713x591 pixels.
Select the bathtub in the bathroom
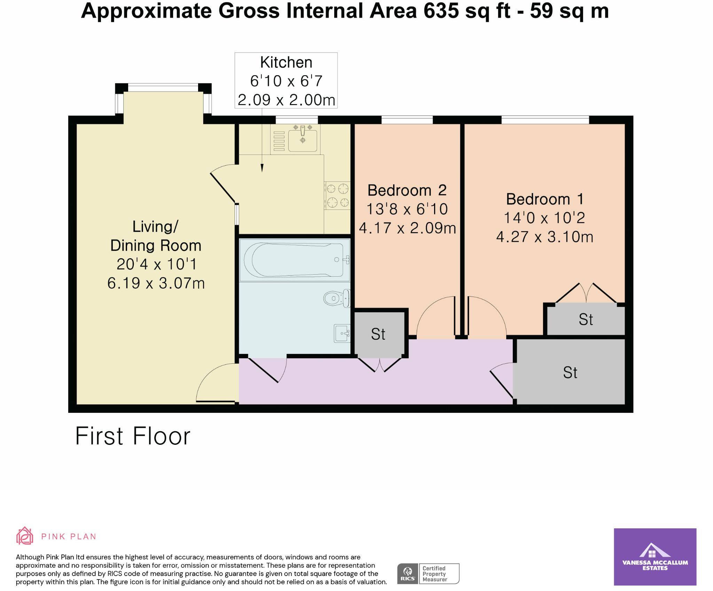(x=295, y=260)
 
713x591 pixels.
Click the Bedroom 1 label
(x=544, y=199)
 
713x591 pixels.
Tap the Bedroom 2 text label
(x=407, y=190)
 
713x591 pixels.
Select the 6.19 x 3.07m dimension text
(x=156, y=283)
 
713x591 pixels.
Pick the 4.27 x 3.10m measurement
(x=544, y=237)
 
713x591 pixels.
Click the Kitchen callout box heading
(x=286, y=63)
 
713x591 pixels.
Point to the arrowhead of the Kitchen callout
(x=262, y=168)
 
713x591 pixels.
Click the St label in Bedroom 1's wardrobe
(x=586, y=320)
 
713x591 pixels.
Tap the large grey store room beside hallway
(x=570, y=372)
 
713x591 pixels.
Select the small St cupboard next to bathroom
(x=378, y=334)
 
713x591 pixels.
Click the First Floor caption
(x=133, y=436)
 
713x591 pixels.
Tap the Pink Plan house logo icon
(x=25, y=536)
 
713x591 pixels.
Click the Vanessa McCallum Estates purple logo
(x=655, y=557)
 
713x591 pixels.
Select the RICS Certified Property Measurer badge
(x=428, y=574)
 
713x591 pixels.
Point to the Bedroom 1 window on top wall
(x=545, y=120)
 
